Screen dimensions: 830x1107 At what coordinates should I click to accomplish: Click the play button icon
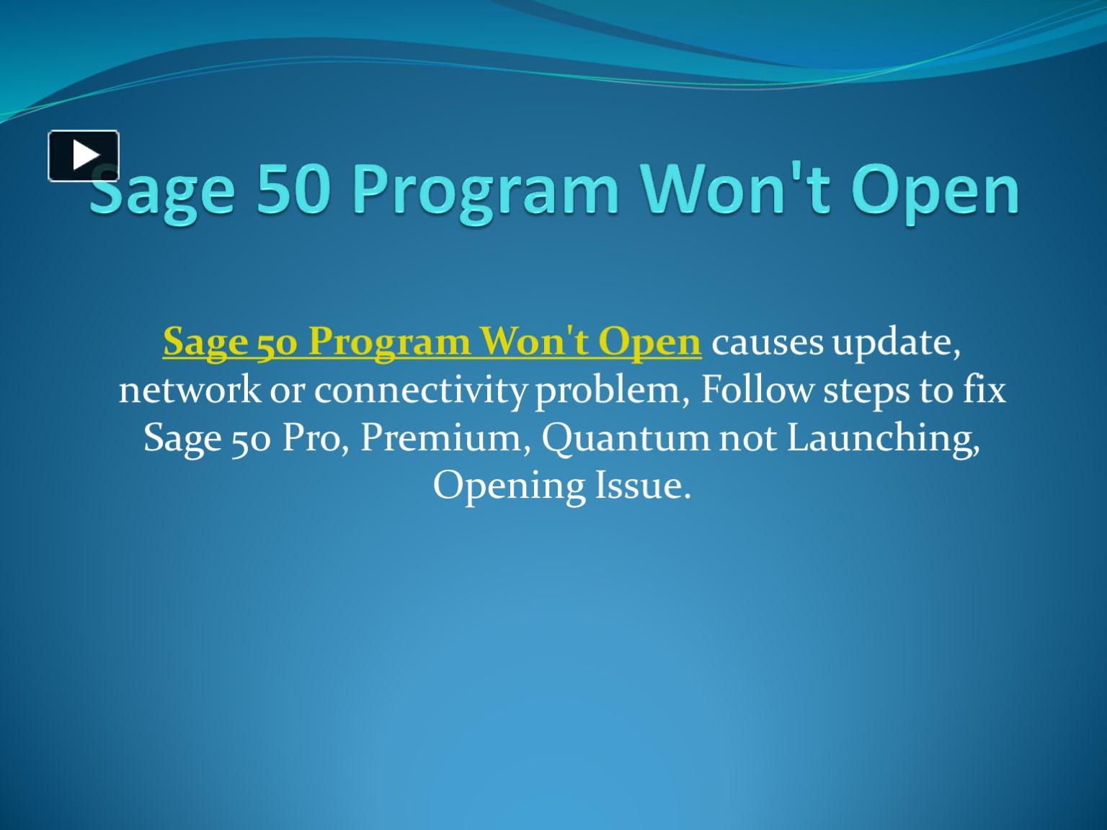[x=84, y=156]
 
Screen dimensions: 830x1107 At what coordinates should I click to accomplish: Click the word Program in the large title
[x=485, y=191]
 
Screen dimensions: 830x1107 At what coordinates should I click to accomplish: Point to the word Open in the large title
[x=935, y=191]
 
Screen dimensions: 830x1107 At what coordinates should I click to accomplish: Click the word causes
[x=767, y=342]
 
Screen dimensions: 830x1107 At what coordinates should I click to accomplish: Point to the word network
[x=190, y=390]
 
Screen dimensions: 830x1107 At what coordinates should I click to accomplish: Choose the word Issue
[x=642, y=485]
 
